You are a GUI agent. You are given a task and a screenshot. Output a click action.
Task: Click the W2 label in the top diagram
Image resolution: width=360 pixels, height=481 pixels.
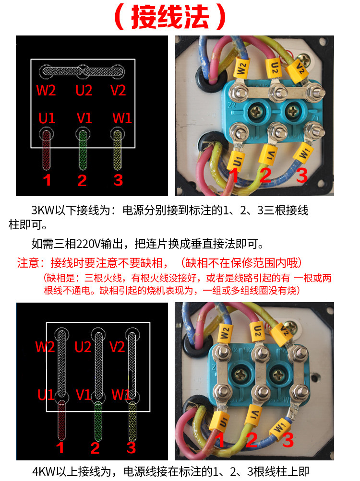point(46,90)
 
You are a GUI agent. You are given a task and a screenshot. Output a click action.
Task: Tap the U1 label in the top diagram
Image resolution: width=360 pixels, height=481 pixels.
point(47,118)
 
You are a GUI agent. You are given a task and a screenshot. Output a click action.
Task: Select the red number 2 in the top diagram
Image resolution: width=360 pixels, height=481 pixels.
point(82,180)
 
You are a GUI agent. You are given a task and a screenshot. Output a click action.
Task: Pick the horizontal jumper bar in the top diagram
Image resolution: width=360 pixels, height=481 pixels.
point(82,72)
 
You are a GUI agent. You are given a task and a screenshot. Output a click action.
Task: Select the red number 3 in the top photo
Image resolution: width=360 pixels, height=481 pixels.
point(301,176)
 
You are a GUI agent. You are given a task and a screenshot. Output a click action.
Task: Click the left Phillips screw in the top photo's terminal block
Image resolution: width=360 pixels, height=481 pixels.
point(254,112)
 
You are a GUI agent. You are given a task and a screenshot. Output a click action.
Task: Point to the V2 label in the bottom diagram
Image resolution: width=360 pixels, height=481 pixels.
point(117,347)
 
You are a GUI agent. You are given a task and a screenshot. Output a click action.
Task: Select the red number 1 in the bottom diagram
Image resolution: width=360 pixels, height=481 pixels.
point(60,448)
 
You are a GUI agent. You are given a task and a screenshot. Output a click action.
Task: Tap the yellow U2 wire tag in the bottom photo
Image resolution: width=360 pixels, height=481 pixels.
point(258,330)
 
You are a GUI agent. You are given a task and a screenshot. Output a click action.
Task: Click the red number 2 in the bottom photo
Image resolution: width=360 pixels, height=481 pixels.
point(252,440)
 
